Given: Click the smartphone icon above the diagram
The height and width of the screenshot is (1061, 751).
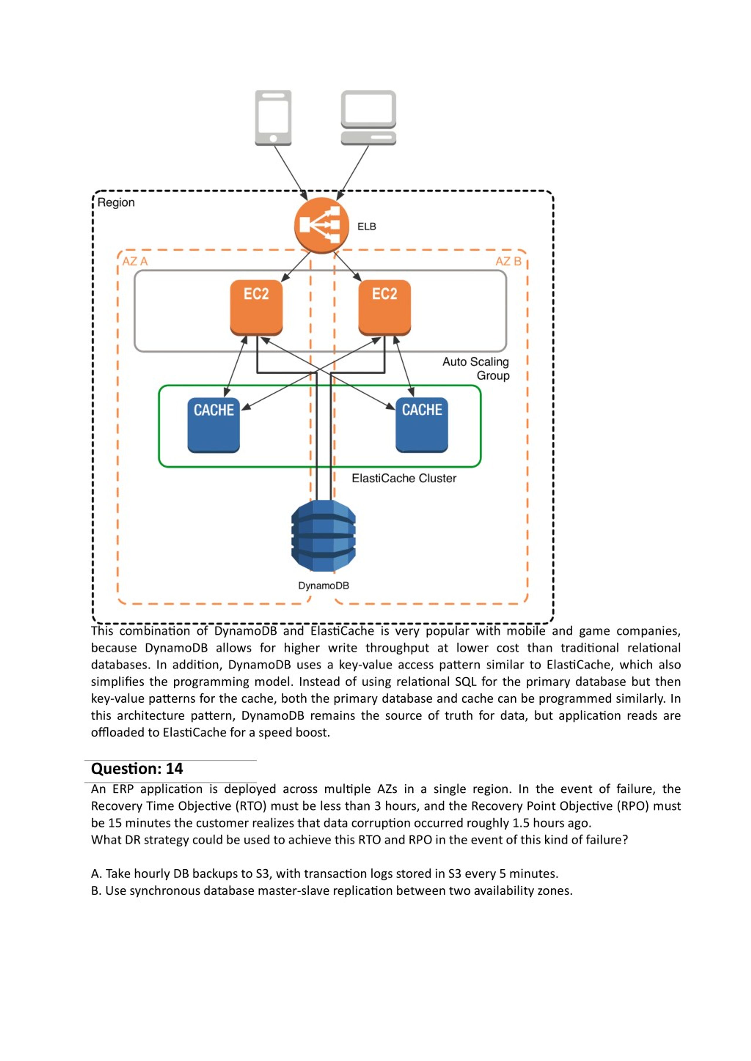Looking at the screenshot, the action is click(x=273, y=118).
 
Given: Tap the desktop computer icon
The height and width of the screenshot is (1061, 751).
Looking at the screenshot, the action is click(x=368, y=118).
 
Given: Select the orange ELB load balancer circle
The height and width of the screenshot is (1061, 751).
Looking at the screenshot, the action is click(x=322, y=225).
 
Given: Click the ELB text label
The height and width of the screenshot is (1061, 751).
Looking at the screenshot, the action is click(x=367, y=227).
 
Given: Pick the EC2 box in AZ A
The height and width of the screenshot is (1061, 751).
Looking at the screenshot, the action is click(x=256, y=307).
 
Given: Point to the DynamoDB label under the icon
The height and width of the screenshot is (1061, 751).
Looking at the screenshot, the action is click(x=323, y=586).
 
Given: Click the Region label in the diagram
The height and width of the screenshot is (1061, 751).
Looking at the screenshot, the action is click(x=116, y=203).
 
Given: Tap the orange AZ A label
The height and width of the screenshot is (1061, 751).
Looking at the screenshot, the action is click(x=135, y=261).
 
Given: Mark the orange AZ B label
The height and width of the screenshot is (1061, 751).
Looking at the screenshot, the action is click(x=508, y=261).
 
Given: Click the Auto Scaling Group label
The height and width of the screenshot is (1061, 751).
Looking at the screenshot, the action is click(x=476, y=368).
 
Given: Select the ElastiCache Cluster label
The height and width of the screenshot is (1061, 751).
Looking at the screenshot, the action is click(x=404, y=478).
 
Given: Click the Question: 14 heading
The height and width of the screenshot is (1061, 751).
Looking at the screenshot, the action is click(x=137, y=768).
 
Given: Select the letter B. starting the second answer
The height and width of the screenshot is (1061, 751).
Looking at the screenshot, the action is click(x=96, y=890).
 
